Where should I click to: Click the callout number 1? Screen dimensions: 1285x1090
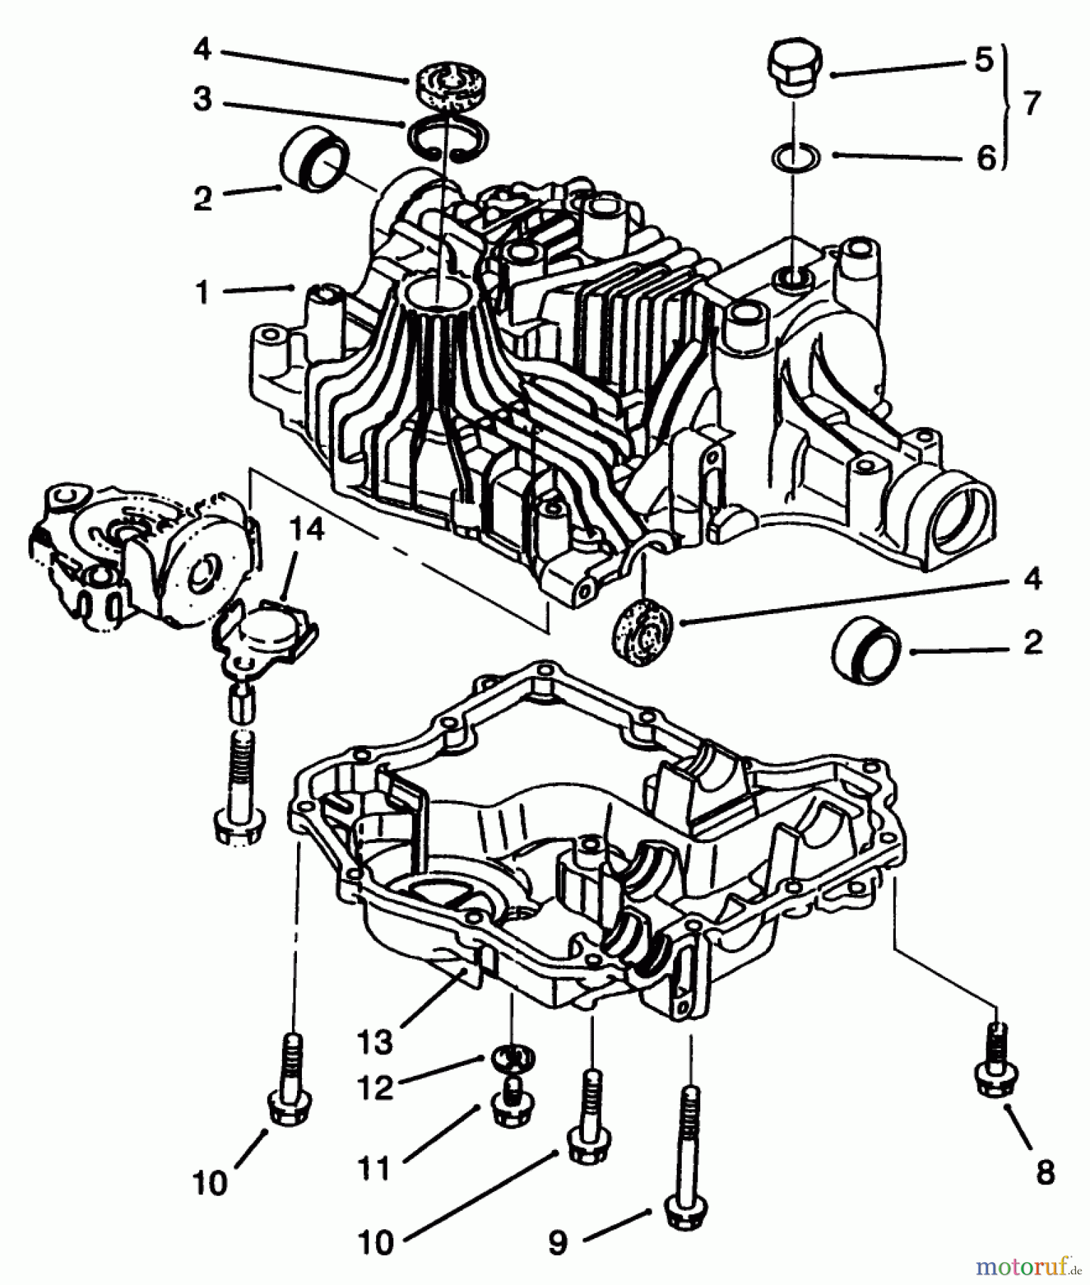[203, 293]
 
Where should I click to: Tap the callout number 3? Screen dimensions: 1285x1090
[203, 99]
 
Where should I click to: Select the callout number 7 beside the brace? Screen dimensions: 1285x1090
[1031, 104]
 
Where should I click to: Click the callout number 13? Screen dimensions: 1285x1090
[376, 1042]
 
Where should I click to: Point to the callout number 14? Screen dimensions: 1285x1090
[308, 531]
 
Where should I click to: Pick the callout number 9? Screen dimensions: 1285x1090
[557, 1243]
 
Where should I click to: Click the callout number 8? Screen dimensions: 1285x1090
[1045, 1172]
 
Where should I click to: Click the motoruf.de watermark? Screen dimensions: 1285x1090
[1027, 1266]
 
